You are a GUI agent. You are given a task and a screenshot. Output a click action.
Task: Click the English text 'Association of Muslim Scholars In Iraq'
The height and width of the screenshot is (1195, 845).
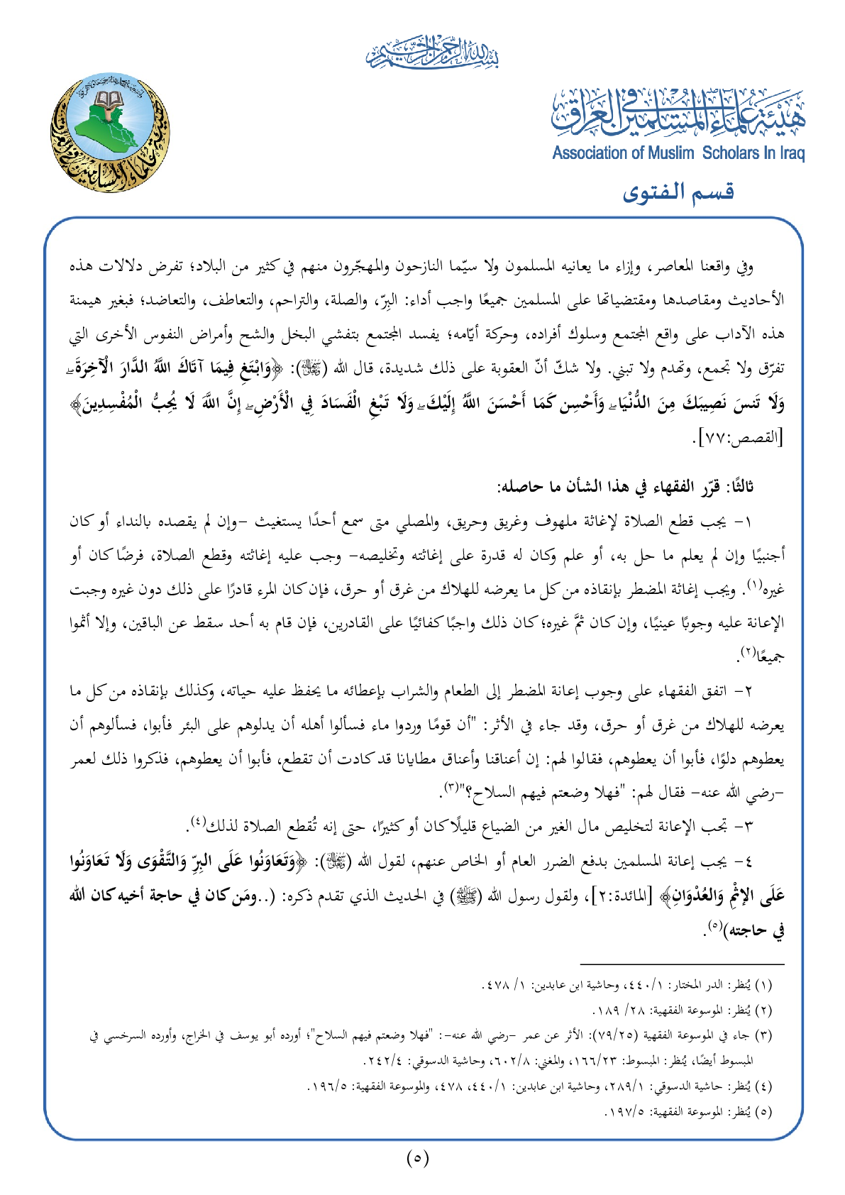678,153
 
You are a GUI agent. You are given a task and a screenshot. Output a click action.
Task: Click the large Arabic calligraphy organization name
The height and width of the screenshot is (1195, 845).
678,114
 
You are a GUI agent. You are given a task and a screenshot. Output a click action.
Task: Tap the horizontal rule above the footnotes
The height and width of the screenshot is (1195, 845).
682,964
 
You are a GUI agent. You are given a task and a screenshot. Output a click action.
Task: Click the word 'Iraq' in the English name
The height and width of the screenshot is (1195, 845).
790,153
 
